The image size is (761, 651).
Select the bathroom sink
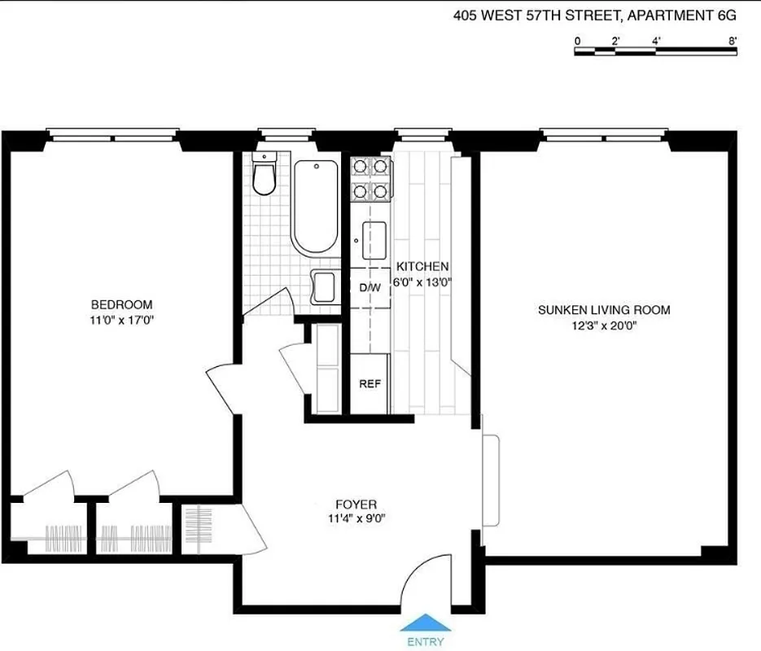pyautogui.click(x=323, y=288)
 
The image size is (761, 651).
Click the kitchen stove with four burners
pyautogui.click(x=370, y=180)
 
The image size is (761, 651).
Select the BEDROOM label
pyautogui.click(x=122, y=305)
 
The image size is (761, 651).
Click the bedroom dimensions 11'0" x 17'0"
pyautogui.click(x=122, y=320)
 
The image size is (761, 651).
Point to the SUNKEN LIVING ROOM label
pyautogui.click(x=604, y=310)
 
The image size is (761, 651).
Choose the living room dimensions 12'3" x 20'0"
pyautogui.click(x=604, y=325)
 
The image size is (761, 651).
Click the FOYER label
pyautogui.click(x=356, y=504)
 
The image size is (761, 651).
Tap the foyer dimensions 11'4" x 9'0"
pyautogui.click(x=356, y=518)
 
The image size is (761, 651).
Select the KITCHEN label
pyautogui.click(x=422, y=267)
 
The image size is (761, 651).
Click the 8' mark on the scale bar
pyautogui.click(x=733, y=40)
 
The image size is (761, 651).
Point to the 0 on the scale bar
pyautogui.click(x=577, y=40)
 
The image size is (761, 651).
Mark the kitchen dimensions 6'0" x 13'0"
pyautogui.click(x=422, y=282)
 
